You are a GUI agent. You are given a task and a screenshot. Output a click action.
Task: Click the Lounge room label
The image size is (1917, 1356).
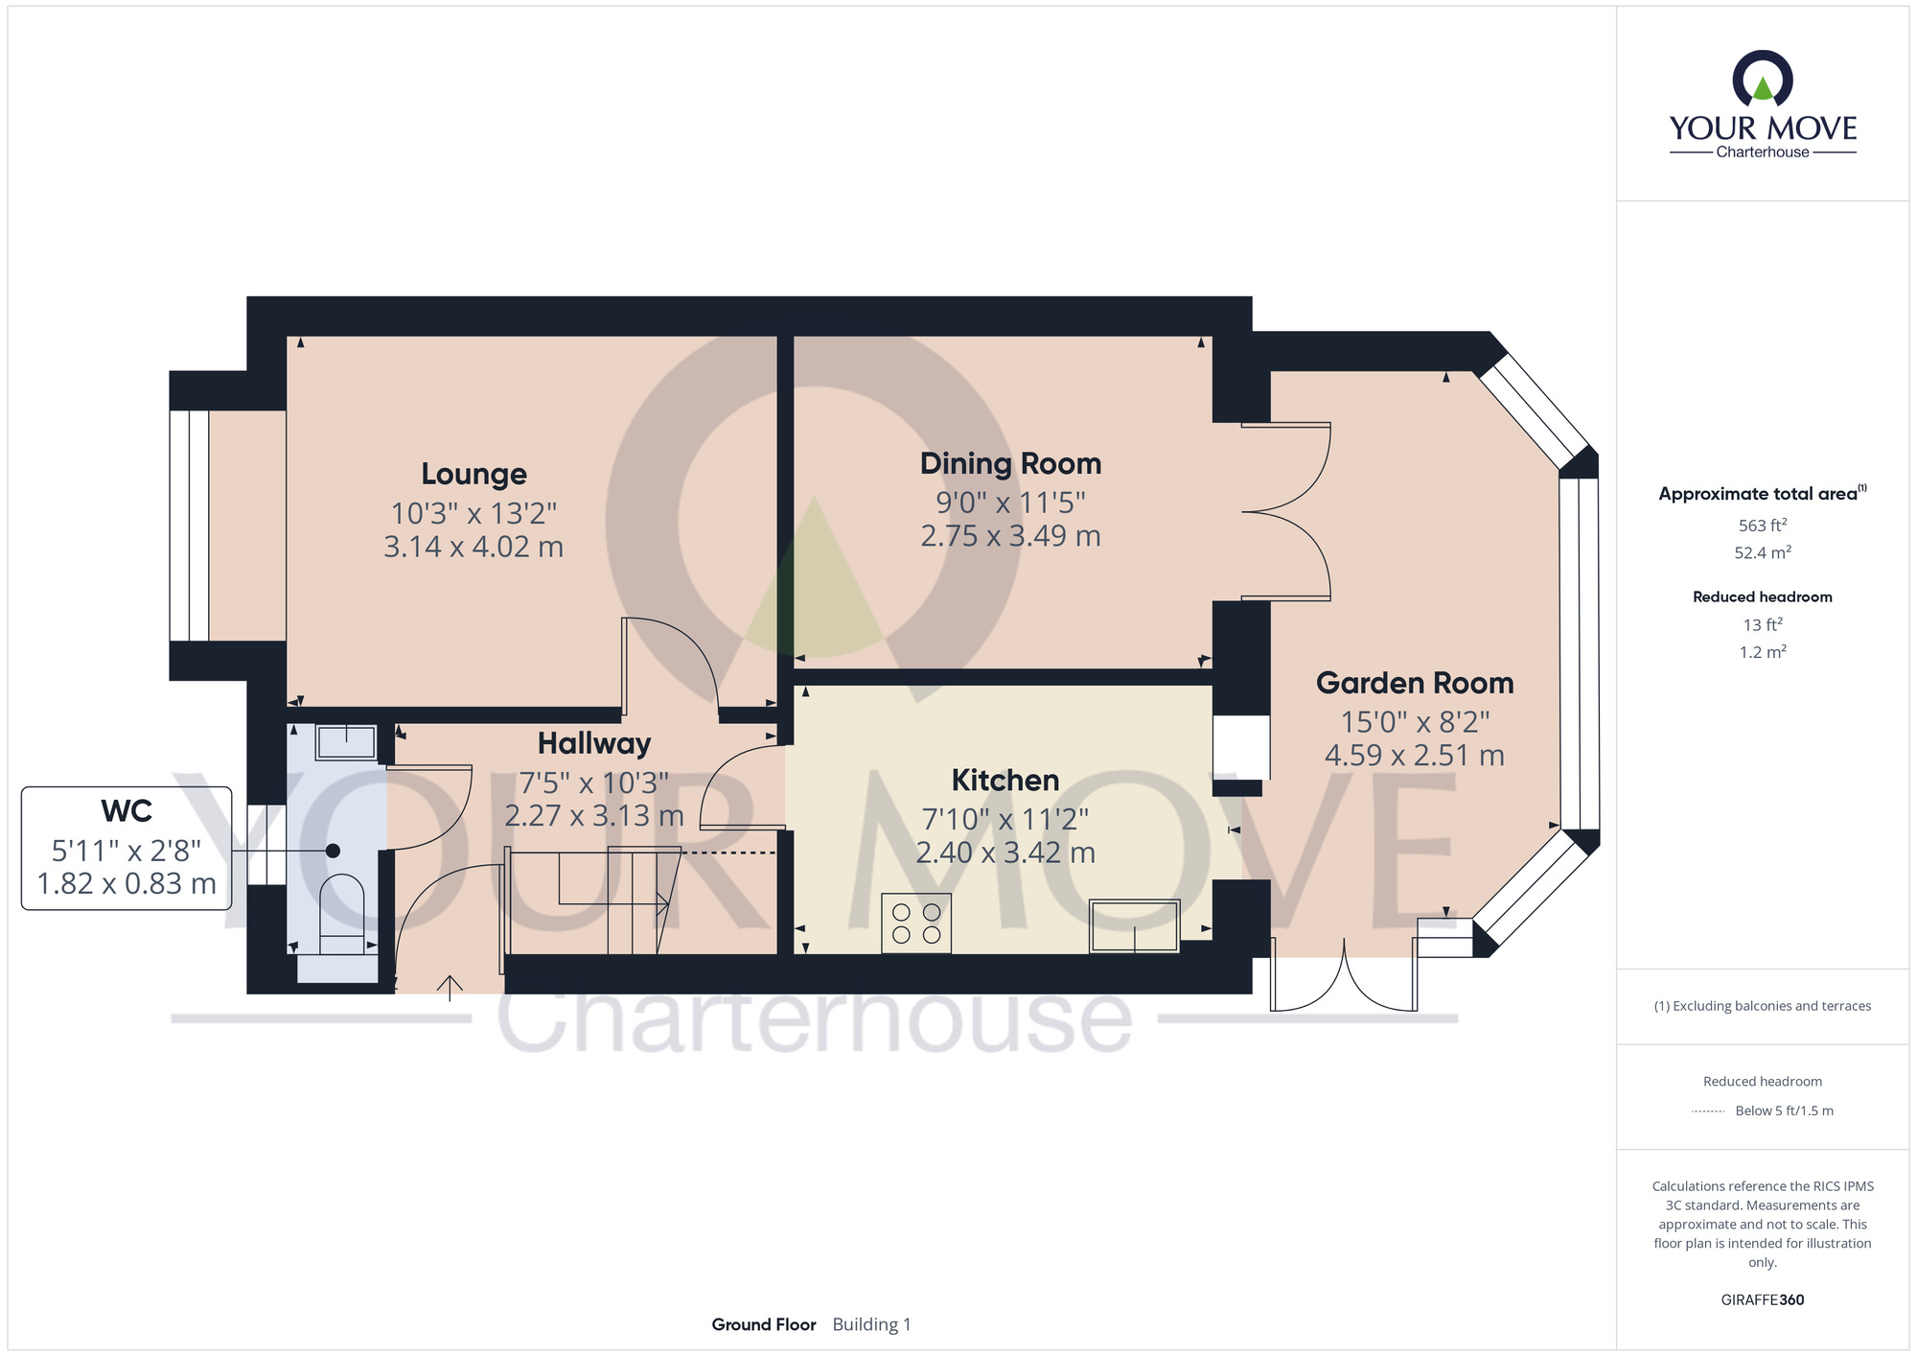pyautogui.click(x=473, y=475)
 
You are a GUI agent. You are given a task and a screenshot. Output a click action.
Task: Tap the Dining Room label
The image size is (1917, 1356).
pyautogui.click(x=1010, y=464)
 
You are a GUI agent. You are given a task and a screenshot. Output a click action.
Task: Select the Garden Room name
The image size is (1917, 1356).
pyautogui.click(x=1415, y=683)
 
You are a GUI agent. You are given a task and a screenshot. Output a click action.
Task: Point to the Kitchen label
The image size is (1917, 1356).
pyautogui.click(x=1005, y=781)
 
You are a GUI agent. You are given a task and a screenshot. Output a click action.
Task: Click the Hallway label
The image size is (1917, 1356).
pyautogui.click(x=594, y=744)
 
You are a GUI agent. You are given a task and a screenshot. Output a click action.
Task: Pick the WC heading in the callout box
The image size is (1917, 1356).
pyautogui.click(x=127, y=811)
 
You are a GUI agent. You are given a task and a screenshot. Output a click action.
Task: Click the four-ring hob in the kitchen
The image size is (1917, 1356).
pyautogui.click(x=916, y=923)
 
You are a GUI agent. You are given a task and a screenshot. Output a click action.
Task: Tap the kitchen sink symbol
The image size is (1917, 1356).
pyautogui.click(x=1134, y=926)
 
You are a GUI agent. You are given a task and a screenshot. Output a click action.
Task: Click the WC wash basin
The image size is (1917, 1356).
pyautogui.click(x=346, y=742)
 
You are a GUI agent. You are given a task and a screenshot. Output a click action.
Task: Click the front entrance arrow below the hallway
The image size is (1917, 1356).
pyautogui.click(x=450, y=988)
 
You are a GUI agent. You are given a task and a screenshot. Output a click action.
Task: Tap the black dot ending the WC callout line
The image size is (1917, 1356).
pyautogui.click(x=333, y=851)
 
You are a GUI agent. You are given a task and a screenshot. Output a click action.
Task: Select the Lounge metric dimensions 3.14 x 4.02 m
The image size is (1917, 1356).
pyautogui.click(x=473, y=547)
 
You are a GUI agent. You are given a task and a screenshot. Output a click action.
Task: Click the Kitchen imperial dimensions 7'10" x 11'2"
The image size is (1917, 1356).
pyautogui.click(x=1005, y=819)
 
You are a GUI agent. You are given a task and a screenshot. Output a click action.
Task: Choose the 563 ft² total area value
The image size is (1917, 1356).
pyautogui.click(x=1763, y=525)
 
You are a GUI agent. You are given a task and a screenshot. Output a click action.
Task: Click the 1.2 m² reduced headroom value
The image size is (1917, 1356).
pyautogui.click(x=1763, y=652)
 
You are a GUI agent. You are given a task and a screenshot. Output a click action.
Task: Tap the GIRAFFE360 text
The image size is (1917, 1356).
pyautogui.click(x=1763, y=1300)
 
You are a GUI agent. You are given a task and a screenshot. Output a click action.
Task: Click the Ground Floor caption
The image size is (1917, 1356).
pyautogui.click(x=764, y=1324)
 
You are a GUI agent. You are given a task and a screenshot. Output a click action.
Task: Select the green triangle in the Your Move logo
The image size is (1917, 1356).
pyautogui.click(x=1763, y=89)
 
